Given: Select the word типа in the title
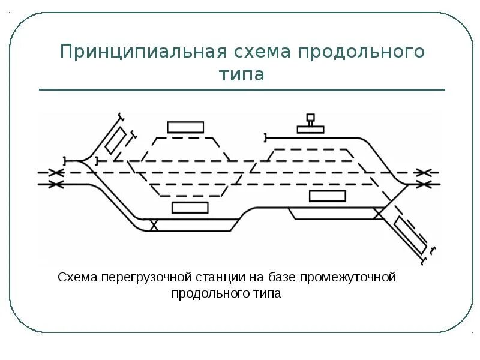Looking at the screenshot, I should [242, 74].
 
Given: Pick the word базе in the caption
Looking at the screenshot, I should [280, 278].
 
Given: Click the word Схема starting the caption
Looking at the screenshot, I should [77, 278].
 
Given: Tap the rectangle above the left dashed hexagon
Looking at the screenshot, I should [185, 127].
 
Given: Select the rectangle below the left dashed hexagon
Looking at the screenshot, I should [190, 208].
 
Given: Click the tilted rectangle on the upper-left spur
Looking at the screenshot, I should [115, 140].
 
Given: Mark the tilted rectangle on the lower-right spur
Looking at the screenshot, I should [410, 235].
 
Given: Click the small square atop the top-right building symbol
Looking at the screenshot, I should [310, 118].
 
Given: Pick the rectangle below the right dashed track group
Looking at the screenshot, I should [327, 196].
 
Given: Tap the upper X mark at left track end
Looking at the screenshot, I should [56, 173].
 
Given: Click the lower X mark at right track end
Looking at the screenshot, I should [424, 184].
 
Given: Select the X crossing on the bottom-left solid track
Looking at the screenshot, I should [154, 225].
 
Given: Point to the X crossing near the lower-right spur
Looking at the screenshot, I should [379, 212].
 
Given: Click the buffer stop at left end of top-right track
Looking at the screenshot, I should [265, 137].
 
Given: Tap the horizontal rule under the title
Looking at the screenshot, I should [242, 90].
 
